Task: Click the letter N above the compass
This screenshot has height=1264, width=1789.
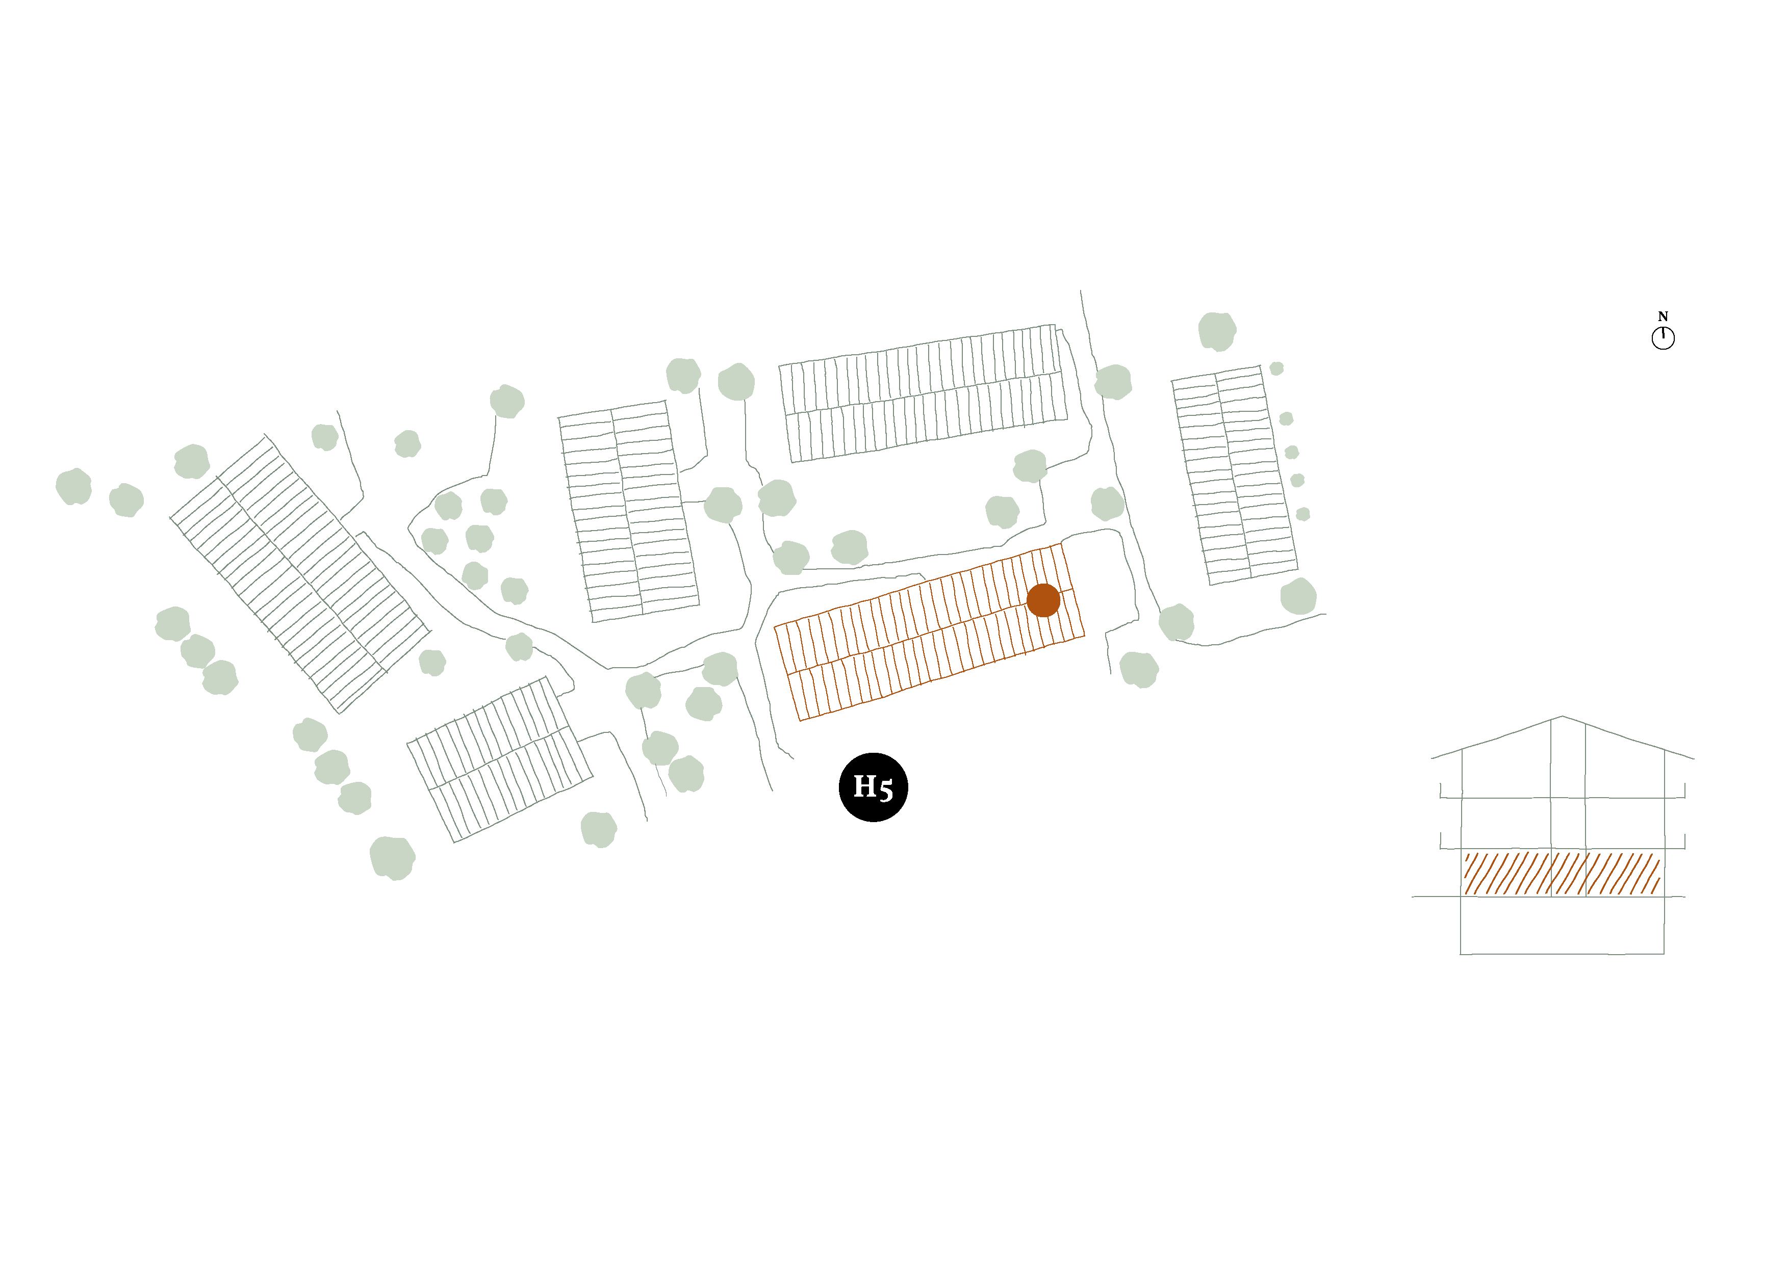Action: (x=1663, y=316)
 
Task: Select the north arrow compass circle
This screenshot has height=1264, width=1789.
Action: (x=1663, y=338)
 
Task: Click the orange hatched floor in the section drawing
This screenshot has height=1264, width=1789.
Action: (x=1562, y=873)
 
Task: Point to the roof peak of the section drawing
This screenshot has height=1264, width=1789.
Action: (x=1562, y=717)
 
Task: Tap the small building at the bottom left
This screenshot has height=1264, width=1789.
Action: (x=499, y=759)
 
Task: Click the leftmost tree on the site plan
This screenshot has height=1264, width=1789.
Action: (x=74, y=487)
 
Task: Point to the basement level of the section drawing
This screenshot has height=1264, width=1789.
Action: (x=1562, y=925)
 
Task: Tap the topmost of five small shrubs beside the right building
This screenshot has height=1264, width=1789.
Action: (x=1276, y=368)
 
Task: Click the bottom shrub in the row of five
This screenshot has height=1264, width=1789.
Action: (x=1303, y=514)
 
